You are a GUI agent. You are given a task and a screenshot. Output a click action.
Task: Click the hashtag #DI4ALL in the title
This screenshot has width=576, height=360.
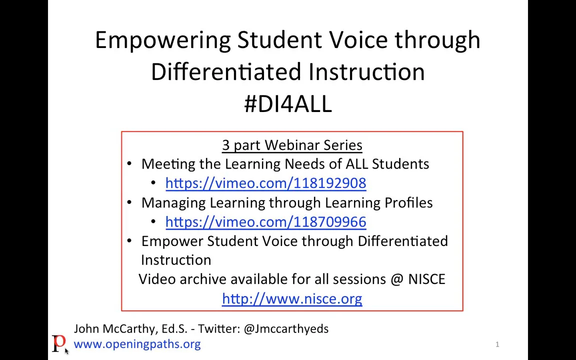[288, 103]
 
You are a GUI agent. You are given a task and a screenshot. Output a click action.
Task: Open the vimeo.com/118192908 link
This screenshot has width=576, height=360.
[265, 183]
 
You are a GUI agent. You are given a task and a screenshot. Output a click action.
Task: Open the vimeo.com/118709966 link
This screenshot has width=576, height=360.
[265, 222]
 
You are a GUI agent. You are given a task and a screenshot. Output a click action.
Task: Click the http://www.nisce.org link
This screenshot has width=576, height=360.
[292, 298]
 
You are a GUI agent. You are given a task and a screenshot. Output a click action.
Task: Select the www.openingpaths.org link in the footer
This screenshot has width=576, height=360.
[137, 344]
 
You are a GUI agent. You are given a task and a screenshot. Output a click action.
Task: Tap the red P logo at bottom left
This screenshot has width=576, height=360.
[58, 343]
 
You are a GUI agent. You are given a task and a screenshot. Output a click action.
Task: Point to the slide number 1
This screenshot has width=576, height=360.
[497, 344]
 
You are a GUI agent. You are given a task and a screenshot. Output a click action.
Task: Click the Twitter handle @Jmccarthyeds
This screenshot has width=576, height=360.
[286, 329]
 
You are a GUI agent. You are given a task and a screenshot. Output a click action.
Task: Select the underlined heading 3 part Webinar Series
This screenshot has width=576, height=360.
[292, 145]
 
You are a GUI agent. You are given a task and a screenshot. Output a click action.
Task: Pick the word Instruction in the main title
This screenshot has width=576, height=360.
[366, 72]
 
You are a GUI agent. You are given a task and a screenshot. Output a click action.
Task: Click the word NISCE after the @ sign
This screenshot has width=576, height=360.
[426, 279]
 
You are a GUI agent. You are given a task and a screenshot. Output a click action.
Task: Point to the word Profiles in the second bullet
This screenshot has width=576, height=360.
[408, 202]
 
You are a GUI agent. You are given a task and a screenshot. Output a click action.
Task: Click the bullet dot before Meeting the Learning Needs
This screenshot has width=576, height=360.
[129, 164]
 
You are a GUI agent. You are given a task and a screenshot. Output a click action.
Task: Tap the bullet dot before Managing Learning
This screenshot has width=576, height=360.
[129, 202]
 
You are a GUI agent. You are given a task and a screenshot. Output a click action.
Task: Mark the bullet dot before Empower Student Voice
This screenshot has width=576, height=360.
[129, 241]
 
